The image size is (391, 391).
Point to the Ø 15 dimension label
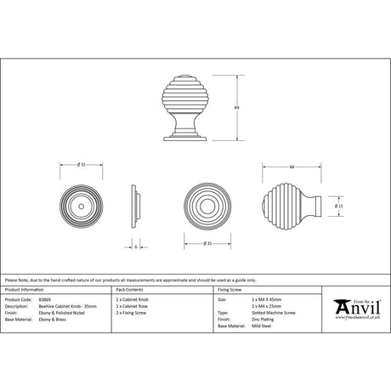coord(338,206)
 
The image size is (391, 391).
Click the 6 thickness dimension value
coord(136,247)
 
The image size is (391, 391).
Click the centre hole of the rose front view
coord(81,207)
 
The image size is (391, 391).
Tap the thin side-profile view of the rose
coord(136,207)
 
